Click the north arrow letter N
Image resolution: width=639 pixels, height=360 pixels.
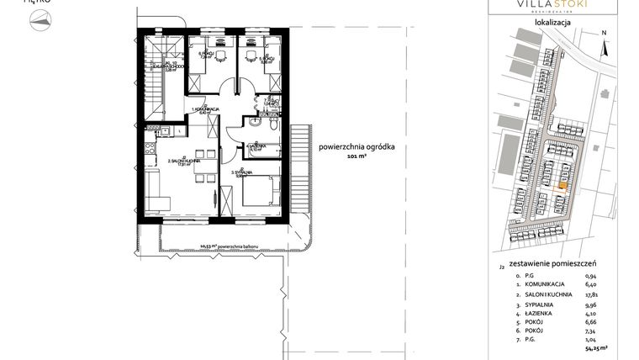[x=604, y=34]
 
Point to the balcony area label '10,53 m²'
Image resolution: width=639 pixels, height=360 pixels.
[x=203, y=246]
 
